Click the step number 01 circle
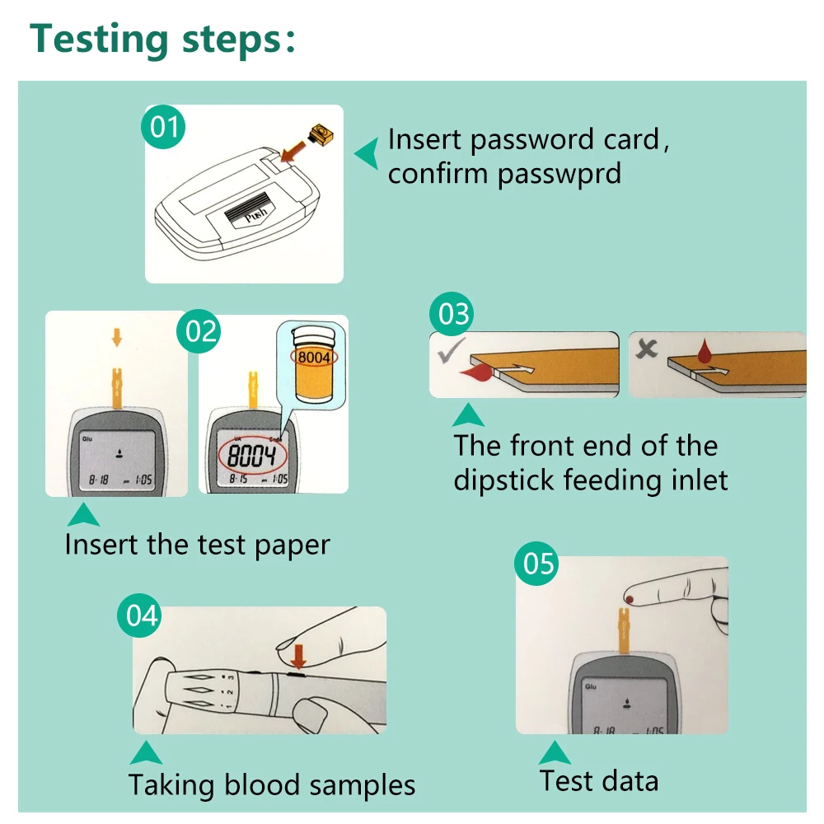[x=163, y=128]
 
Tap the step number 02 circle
[x=201, y=331]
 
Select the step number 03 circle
[x=452, y=314]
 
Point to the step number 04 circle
[x=138, y=616]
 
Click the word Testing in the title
[x=96, y=39]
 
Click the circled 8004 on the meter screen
[x=251, y=455]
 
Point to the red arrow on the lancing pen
[x=298, y=655]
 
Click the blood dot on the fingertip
[x=630, y=593]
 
